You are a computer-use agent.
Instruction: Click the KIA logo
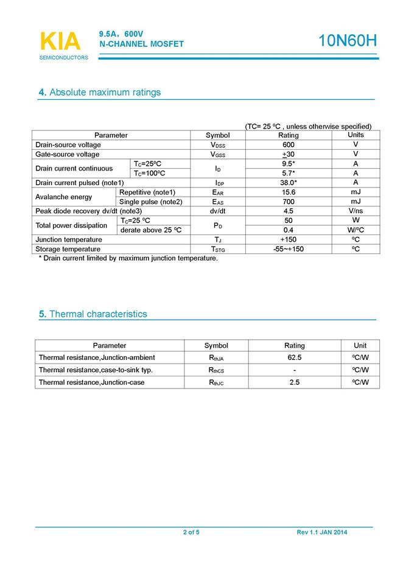click(x=60, y=41)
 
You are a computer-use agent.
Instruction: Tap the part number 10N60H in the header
click(x=348, y=41)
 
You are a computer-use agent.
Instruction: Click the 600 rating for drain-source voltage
click(x=289, y=145)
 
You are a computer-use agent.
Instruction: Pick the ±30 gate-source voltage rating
click(x=289, y=155)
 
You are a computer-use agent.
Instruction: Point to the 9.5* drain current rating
click(x=289, y=164)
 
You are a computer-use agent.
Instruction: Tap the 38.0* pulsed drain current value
click(x=289, y=183)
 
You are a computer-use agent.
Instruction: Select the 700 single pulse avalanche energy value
click(x=289, y=202)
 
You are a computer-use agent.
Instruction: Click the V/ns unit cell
click(x=356, y=211)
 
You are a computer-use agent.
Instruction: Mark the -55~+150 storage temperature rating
click(x=289, y=249)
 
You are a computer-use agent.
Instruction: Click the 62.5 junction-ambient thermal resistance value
click(x=295, y=357)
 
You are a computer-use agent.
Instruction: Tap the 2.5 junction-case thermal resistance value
click(x=295, y=382)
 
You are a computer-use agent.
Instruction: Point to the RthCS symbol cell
click(x=216, y=370)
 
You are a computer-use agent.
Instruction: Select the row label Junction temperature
click(x=69, y=239)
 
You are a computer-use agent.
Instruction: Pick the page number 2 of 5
click(x=191, y=533)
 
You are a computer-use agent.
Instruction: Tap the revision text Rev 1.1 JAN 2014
click(x=322, y=533)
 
